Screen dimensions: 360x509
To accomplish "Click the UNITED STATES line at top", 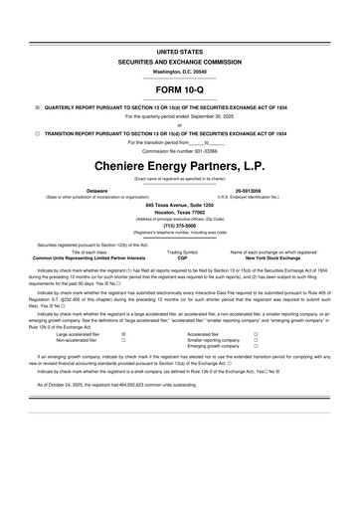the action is [x=179, y=50].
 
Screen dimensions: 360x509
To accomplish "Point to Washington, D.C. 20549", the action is [x=179, y=72].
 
